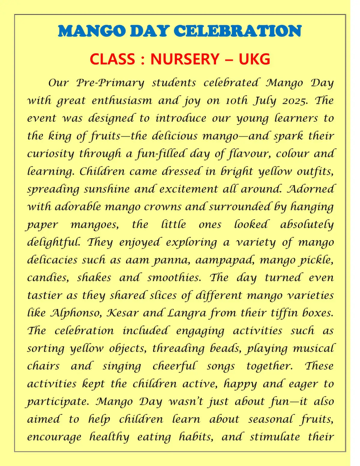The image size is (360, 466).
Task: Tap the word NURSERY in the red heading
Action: tap(184, 59)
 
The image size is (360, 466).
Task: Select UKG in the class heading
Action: tap(254, 59)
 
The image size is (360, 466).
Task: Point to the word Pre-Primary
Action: tap(110, 83)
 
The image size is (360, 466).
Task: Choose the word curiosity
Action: tap(50, 154)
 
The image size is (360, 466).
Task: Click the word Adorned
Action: tap(310, 189)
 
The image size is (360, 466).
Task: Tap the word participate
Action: tap(57, 402)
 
